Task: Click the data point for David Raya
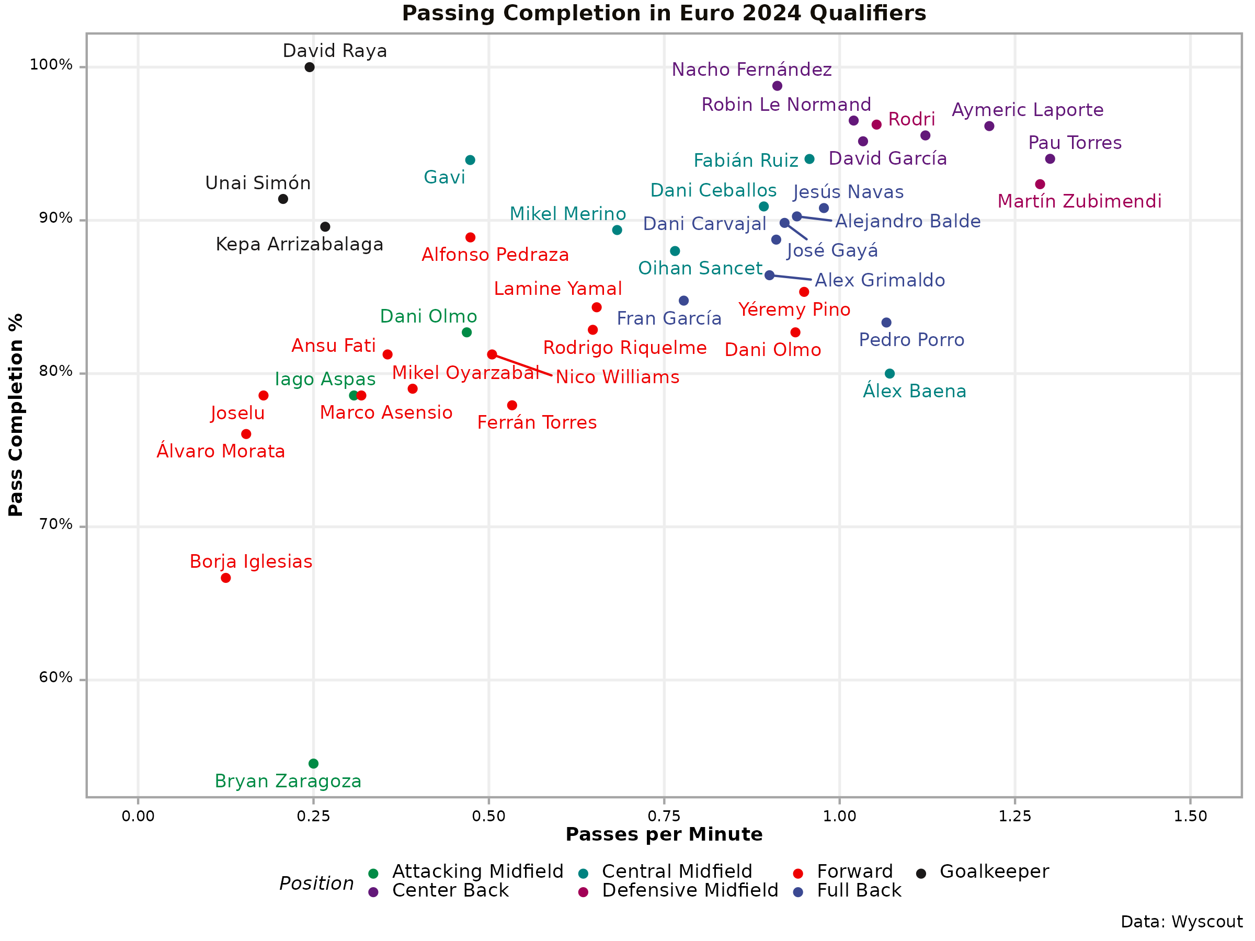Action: coord(309,67)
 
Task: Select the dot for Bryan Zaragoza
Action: coord(313,763)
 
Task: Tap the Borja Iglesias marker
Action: coord(226,578)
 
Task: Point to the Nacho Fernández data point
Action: coord(777,86)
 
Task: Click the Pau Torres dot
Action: coord(1050,159)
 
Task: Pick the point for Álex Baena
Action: coord(889,374)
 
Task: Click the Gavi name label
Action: coord(444,178)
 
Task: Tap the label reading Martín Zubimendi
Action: coord(1079,201)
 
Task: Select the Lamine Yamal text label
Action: coord(558,289)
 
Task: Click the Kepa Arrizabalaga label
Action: coord(300,245)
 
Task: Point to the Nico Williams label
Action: coord(617,377)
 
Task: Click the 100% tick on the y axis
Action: coord(51,65)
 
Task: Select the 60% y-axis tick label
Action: coord(55,678)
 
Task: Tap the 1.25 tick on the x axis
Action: coord(1014,816)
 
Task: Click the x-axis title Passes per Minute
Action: coord(664,834)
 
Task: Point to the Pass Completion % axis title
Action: coord(16,415)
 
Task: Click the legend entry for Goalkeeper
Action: coord(994,872)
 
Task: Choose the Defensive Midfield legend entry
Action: coord(690,890)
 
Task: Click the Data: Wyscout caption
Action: coord(1181,922)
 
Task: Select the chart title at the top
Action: coord(664,13)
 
